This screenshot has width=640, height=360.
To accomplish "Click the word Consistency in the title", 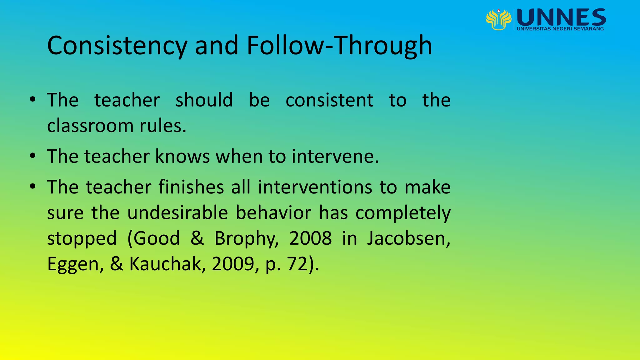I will point(117,46).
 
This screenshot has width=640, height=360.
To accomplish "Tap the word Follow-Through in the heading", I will point(339,46).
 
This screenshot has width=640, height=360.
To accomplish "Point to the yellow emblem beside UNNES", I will point(498,19).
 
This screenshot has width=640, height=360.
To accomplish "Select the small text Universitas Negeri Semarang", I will point(560,29).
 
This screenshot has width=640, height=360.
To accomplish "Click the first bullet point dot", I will point(32,100).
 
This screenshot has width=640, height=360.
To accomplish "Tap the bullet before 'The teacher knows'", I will point(32,156).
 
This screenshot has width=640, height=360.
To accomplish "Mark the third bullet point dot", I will point(32,187).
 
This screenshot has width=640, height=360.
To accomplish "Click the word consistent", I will point(329,100).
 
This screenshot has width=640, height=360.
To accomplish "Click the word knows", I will point(182,156).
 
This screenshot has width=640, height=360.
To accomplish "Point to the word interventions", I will point(315,187).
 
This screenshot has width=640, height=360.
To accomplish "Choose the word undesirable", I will point(177,213).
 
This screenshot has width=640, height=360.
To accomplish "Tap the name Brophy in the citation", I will point(246,239).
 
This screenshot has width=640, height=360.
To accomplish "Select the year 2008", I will point(310,238).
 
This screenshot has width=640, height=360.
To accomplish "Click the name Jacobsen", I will point(408,238).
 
